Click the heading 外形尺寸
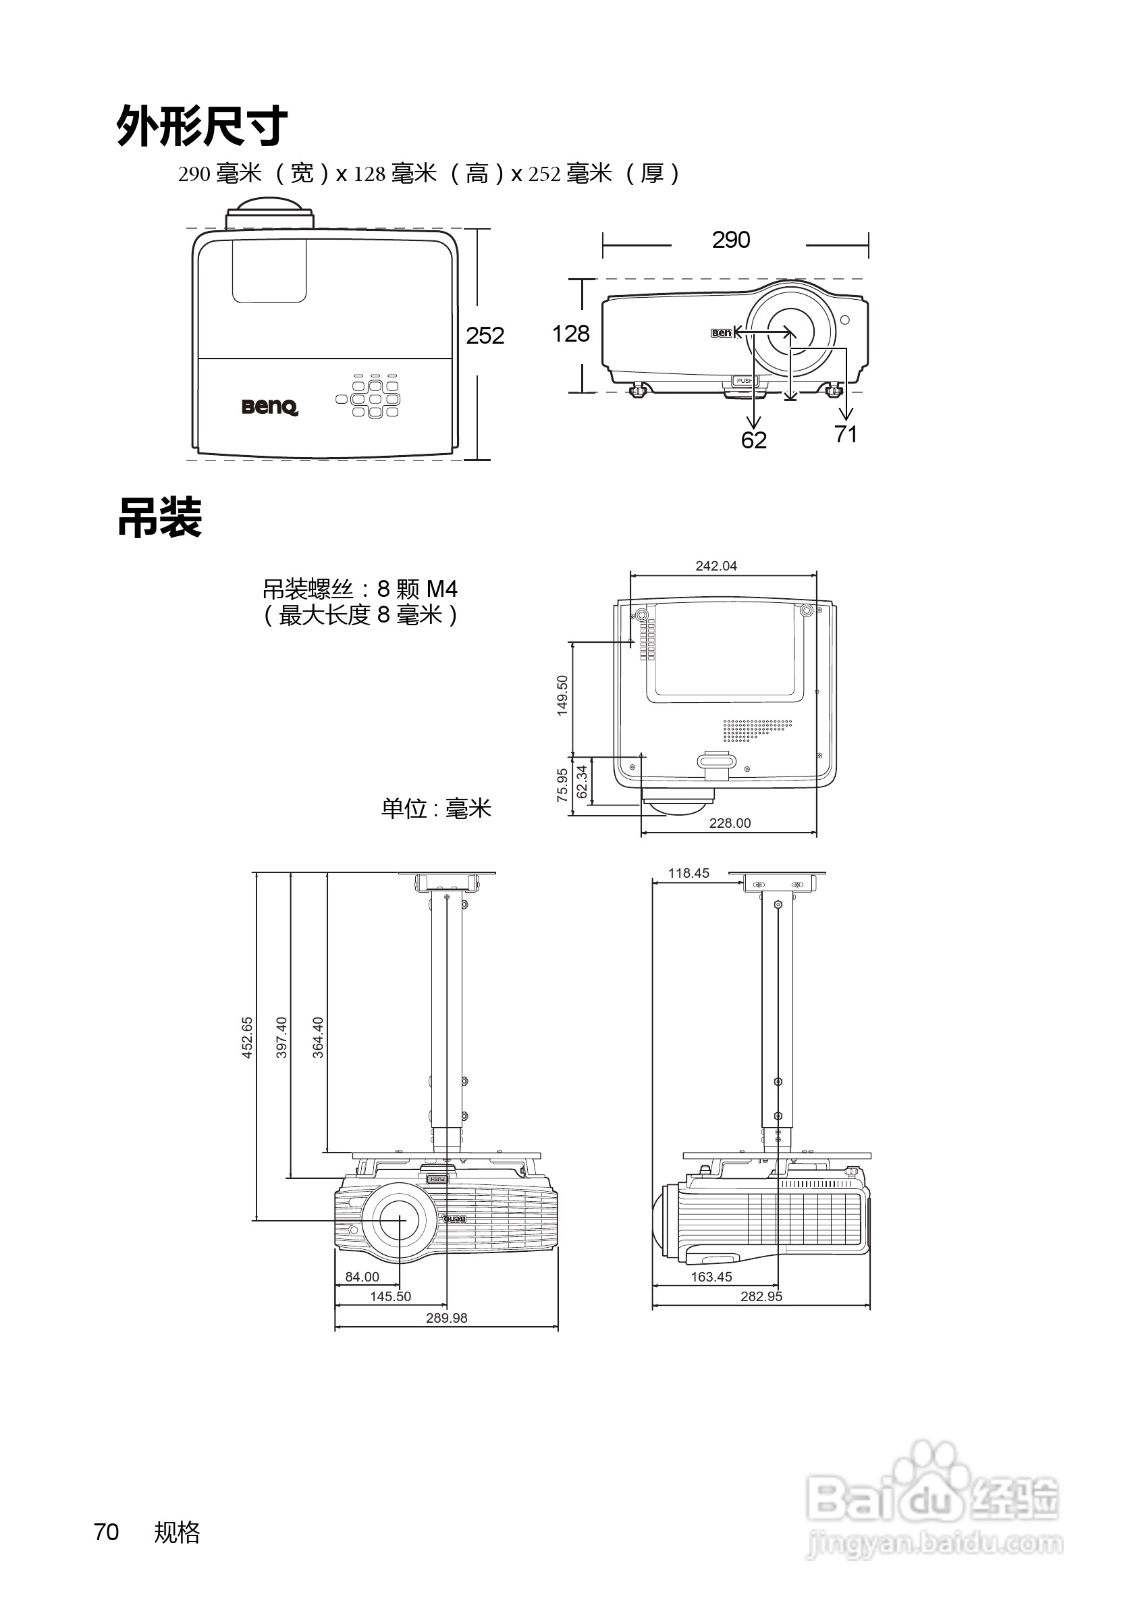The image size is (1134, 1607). [x=201, y=126]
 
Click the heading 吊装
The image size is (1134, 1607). [x=159, y=518]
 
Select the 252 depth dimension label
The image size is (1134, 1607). [x=485, y=336]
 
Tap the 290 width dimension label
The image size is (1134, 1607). [x=731, y=240]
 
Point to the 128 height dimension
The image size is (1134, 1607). [x=571, y=334]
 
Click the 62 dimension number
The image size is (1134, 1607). [x=753, y=440]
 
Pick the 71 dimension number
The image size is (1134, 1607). [x=846, y=435]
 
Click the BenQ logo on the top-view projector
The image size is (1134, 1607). [x=270, y=406]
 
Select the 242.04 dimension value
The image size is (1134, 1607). [x=715, y=566]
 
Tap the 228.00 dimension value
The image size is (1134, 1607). [x=730, y=823]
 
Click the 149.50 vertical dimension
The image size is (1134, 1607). [x=562, y=695]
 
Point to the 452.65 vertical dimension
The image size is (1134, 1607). [x=247, y=1037]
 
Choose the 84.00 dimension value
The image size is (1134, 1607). [x=362, y=1277]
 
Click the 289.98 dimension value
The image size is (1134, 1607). [x=446, y=1318]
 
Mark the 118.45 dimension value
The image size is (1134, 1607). [x=688, y=873]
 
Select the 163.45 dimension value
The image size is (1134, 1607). [x=711, y=1277]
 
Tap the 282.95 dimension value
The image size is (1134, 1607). [x=761, y=1296]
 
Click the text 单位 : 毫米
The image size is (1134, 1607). [x=436, y=808]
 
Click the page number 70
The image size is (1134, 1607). [x=107, y=1532]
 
